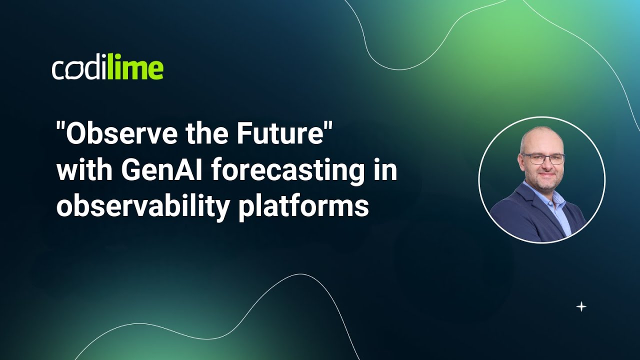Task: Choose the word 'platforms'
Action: [x=303, y=207]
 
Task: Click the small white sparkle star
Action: [x=581, y=307]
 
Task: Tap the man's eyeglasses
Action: [x=543, y=158]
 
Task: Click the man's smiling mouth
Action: [x=544, y=177]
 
